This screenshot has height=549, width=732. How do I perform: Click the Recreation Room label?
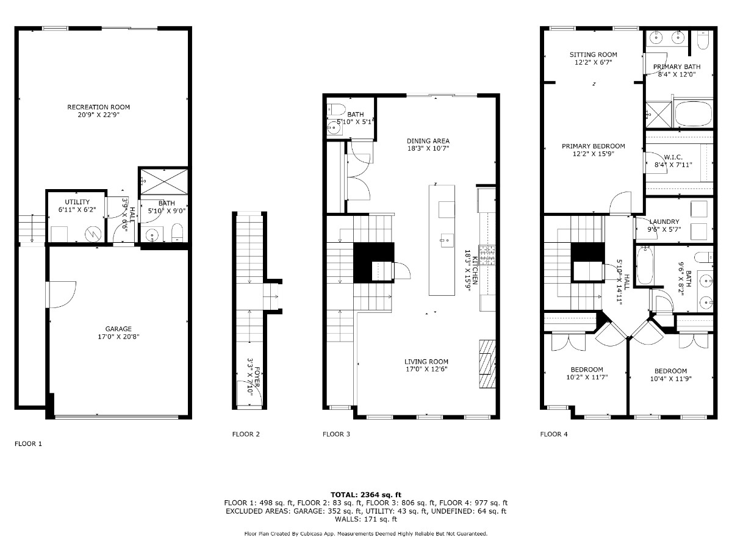point(98,107)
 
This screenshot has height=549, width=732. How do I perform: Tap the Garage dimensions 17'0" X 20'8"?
point(118,337)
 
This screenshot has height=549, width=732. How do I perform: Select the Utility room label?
point(77,202)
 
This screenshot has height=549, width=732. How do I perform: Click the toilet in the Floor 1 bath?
point(178,232)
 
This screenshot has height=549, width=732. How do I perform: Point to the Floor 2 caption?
point(246,434)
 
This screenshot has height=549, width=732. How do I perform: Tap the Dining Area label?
point(428,141)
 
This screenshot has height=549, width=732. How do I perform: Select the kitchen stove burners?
point(487,256)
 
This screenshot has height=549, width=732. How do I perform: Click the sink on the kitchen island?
point(447,240)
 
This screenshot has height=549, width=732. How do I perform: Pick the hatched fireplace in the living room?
point(487,364)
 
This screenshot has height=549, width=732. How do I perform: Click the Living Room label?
point(426,361)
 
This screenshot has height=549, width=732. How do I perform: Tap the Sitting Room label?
point(594,55)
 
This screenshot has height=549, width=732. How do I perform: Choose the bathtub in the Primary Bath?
point(693,113)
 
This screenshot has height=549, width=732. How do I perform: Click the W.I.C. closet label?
point(673,157)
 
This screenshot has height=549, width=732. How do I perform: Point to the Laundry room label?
point(664,221)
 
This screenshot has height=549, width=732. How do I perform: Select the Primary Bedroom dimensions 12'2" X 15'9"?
point(594,154)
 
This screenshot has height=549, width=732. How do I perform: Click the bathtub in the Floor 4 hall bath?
point(645,266)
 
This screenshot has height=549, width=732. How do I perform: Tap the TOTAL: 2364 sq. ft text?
point(366,495)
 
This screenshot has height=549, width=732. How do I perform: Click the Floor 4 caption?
point(554,434)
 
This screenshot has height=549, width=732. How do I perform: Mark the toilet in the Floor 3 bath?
point(336,109)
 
